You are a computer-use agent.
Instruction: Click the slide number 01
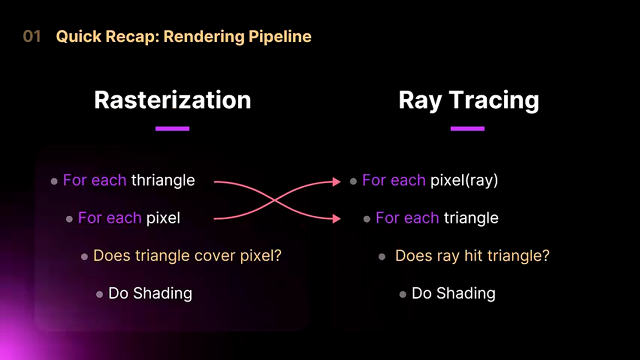click(x=32, y=36)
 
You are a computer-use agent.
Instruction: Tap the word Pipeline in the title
click(x=280, y=37)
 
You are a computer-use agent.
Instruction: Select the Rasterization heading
click(x=172, y=100)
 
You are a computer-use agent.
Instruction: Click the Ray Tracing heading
click(x=469, y=101)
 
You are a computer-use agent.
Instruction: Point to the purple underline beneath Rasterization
click(x=172, y=128)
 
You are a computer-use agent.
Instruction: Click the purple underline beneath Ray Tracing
click(x=467, y=128)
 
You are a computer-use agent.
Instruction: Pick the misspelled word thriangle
click(x=163, y=180)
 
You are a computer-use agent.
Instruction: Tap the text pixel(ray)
click(x=464, y=180)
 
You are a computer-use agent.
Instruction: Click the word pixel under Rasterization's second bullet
click(x=163, y=218)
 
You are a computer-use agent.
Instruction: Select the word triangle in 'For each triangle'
click(x=471, y=218)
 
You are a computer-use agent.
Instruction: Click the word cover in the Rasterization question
click(x=215, y=255)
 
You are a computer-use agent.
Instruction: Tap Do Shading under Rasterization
click(x=150, y=293)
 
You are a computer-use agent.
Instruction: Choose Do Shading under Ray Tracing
click(x=453, y=293)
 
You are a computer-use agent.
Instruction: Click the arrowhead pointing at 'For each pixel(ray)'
click(x=336, y=181)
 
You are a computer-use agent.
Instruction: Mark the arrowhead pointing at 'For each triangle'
click(x=336, y=219)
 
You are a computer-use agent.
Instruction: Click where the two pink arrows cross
click(x=274, y=200)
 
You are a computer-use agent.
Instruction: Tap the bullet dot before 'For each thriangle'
click(x=54, y=181)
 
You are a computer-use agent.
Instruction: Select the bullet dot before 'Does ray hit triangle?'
click(x=382, y=256)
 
